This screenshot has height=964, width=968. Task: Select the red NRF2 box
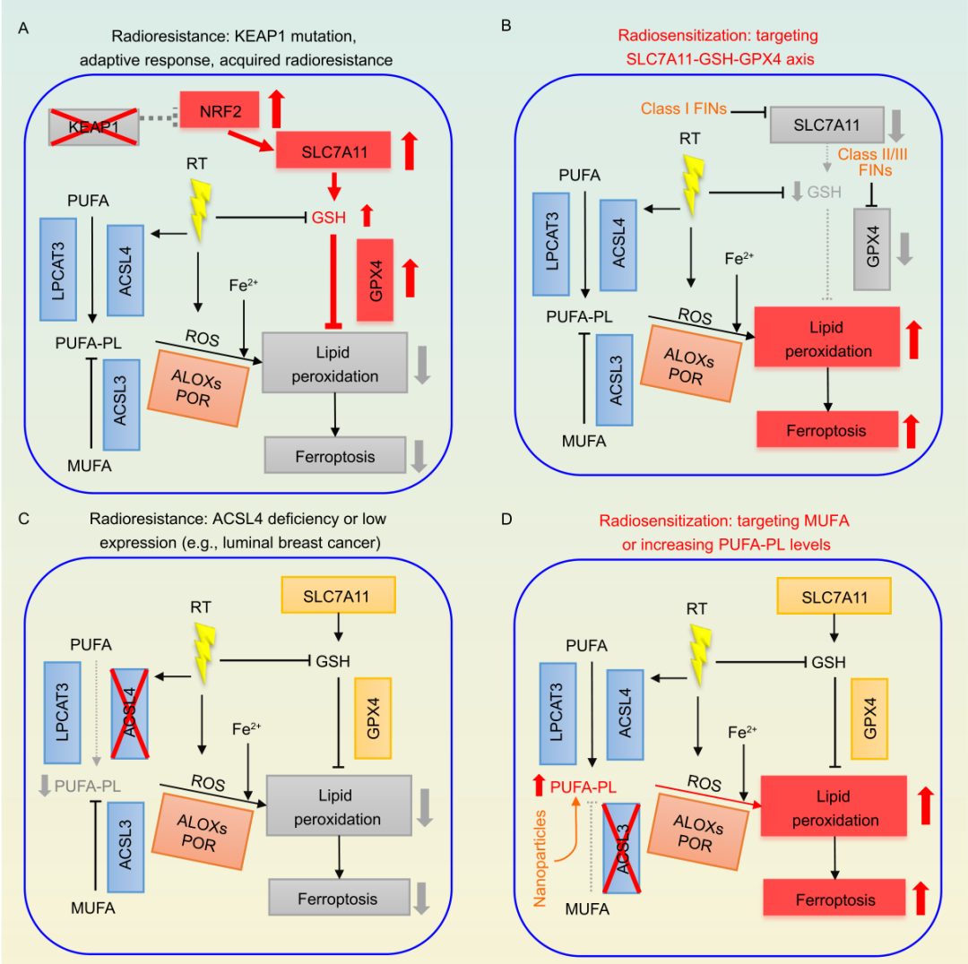[216, 108]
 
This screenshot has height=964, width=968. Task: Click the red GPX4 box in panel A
[375, 280]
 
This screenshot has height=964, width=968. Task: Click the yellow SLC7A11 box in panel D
[832, 597]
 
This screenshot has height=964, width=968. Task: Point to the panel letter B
[506, 28]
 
